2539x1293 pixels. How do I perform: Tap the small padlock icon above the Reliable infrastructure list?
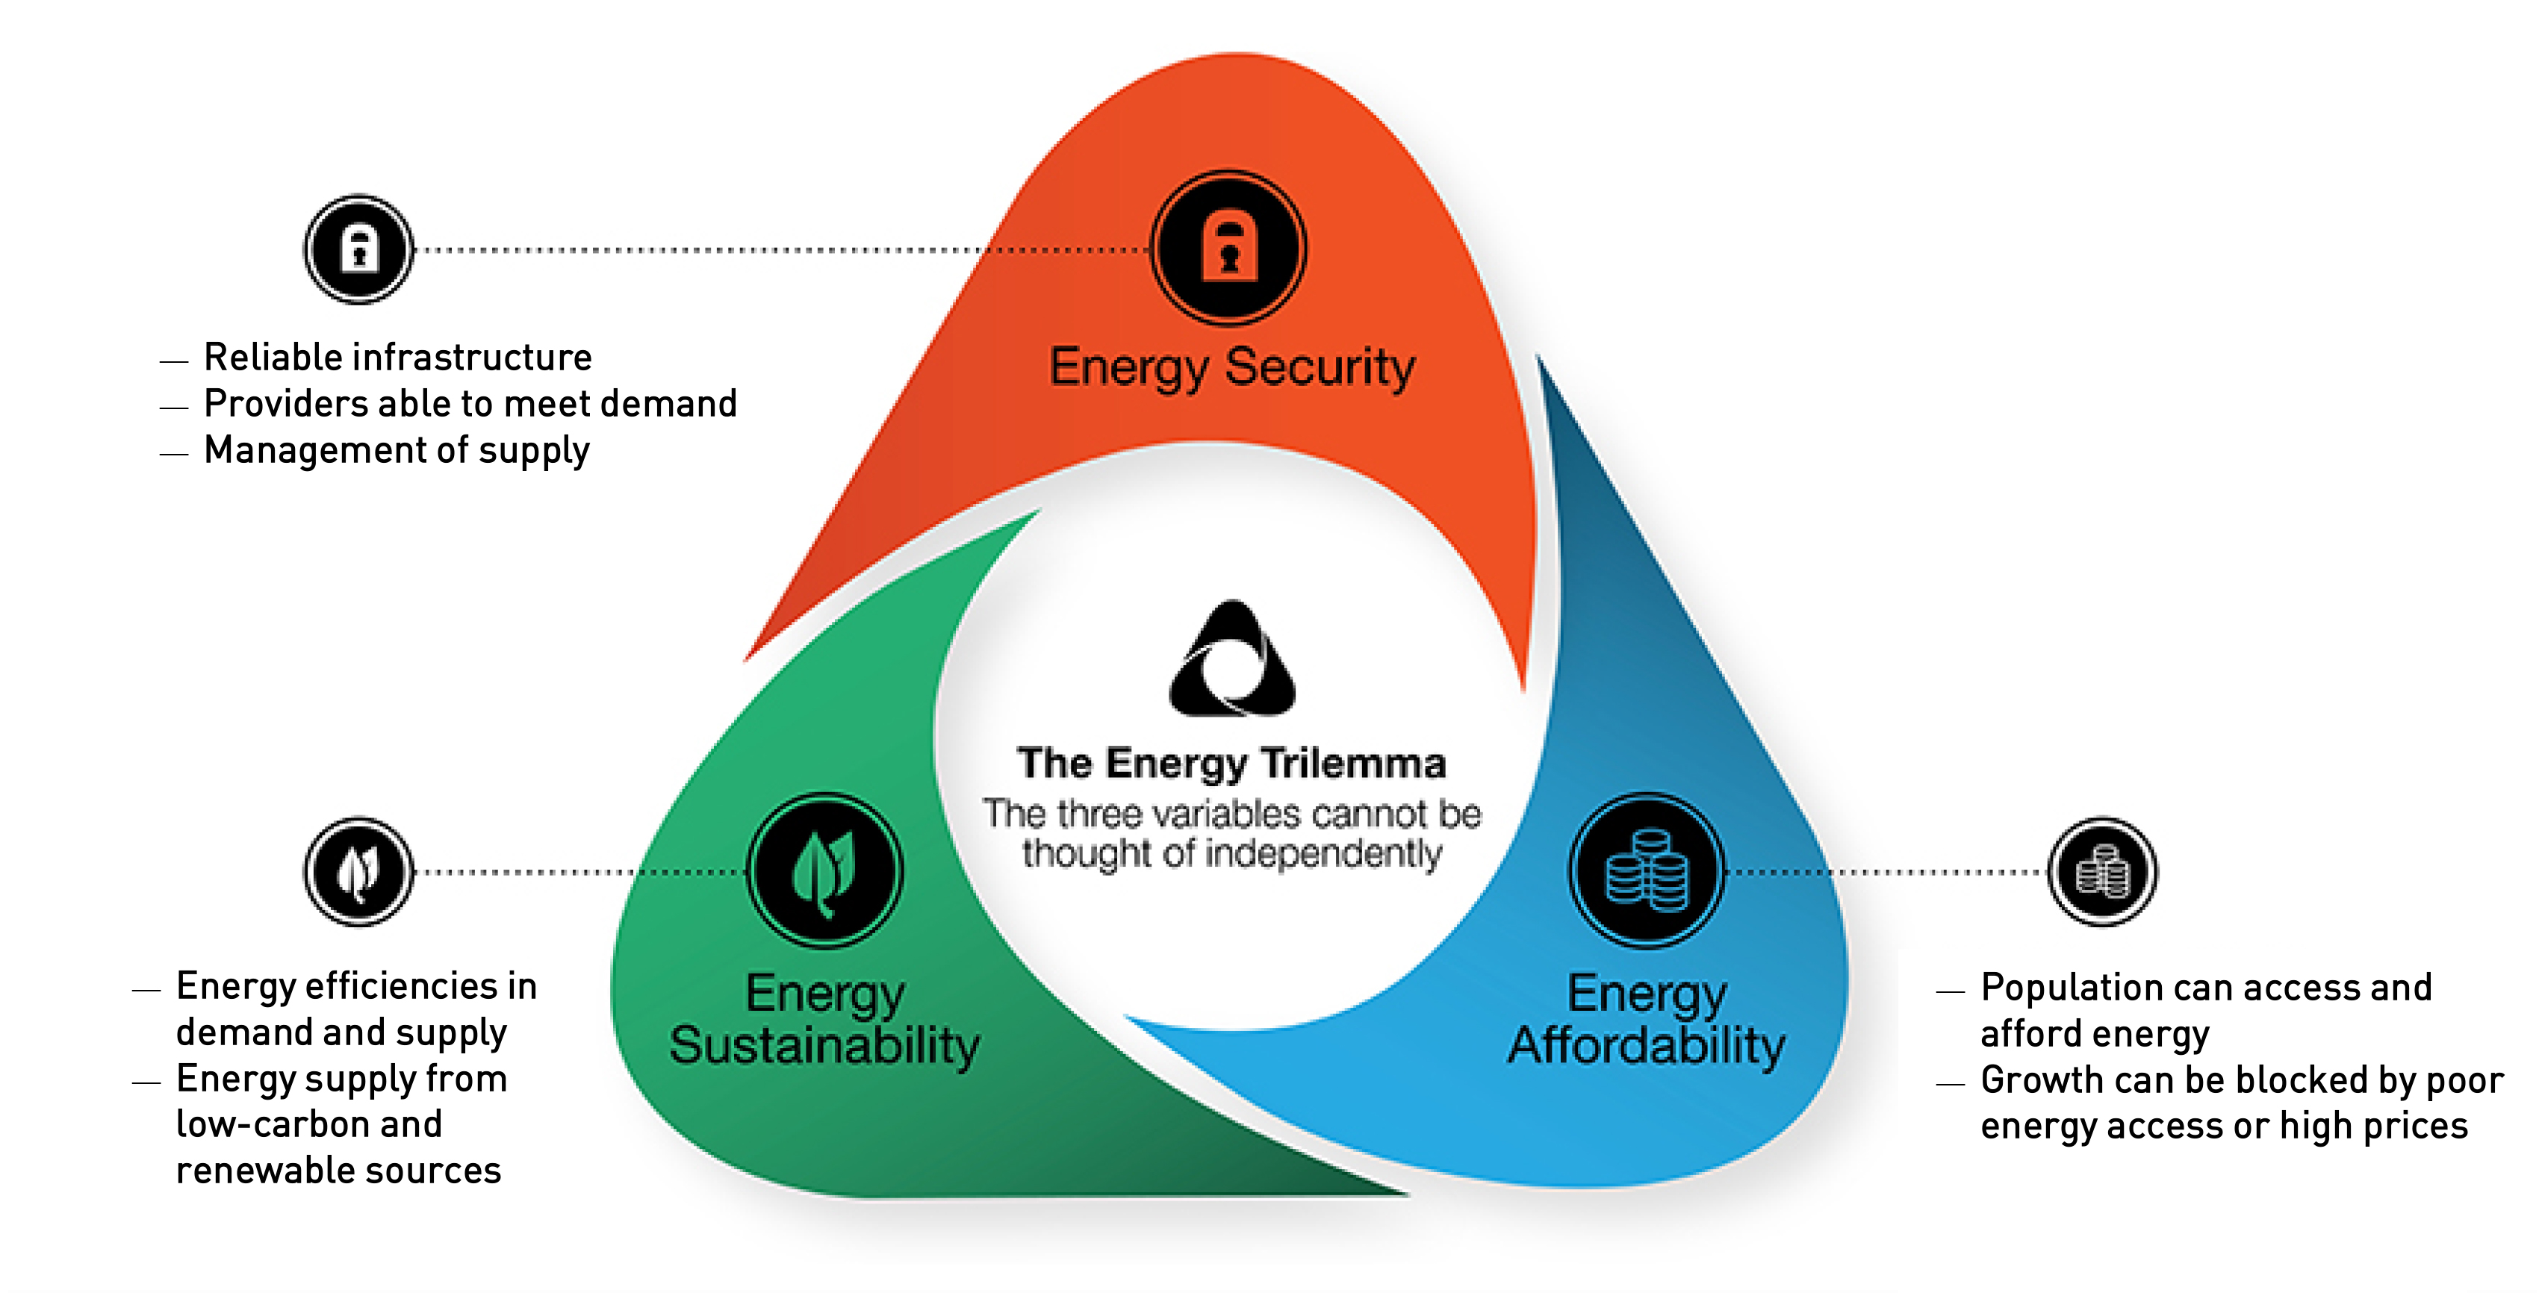click(x=358, y=249)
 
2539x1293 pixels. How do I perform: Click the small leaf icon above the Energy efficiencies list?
click(x=358, y=872)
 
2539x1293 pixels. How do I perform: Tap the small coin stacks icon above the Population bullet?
click(x=2102, y=872)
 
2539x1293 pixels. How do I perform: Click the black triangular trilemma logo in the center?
click(x=1232, y=659)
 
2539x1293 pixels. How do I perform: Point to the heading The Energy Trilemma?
click(x=1232, y=763)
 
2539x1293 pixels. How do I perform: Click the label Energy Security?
click(x=1232, y=367)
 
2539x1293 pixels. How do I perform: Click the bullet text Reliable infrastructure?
click(x=397, y=357)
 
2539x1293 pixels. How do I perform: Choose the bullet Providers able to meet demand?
click(x=470, y=403)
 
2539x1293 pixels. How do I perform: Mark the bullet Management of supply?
click(x=397, y=450)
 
